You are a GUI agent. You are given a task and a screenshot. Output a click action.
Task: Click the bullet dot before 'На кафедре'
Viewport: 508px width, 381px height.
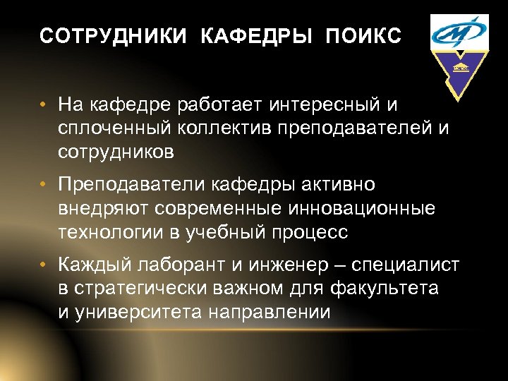pos(44,106)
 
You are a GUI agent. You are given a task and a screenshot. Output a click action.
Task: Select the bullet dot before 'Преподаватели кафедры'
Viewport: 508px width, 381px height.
pos(44,185)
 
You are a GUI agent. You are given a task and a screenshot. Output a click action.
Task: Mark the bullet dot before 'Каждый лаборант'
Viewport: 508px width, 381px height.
pos(44,265)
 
